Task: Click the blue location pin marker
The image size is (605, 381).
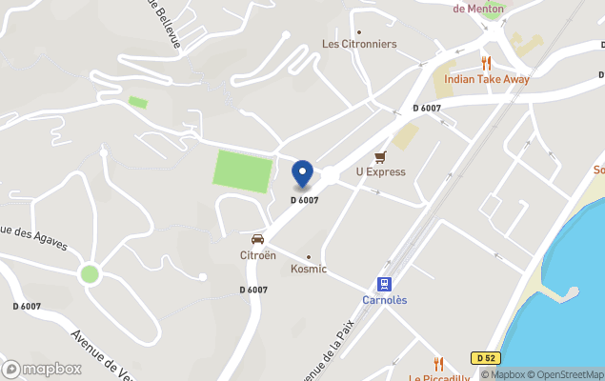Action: pos(302,174)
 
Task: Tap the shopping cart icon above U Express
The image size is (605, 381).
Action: pos(381,157)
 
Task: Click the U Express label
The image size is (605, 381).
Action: pos(381,172)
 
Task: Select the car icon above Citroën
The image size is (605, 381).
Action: pos(257,239)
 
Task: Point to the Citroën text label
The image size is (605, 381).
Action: pos(257,255)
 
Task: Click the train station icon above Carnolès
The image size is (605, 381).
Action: pos(384,284)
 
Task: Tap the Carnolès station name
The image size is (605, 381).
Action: pos(384,299)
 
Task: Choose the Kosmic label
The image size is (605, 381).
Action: pos(309,269)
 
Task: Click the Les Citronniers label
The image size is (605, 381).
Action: pos(359,44)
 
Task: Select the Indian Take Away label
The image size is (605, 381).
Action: pos(487,79)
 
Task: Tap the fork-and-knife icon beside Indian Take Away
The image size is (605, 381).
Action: pos(486,64)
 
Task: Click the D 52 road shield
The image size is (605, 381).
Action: pos(485,358)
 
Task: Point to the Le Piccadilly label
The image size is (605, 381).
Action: pos(439,377)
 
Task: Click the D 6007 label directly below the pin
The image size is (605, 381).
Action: pos(304,200)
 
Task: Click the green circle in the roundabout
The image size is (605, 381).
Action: pos(90,274)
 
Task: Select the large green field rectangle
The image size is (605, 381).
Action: pos(242,170)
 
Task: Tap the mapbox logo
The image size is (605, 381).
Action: pos(42,369)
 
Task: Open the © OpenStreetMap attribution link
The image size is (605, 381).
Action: pos(566,374)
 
